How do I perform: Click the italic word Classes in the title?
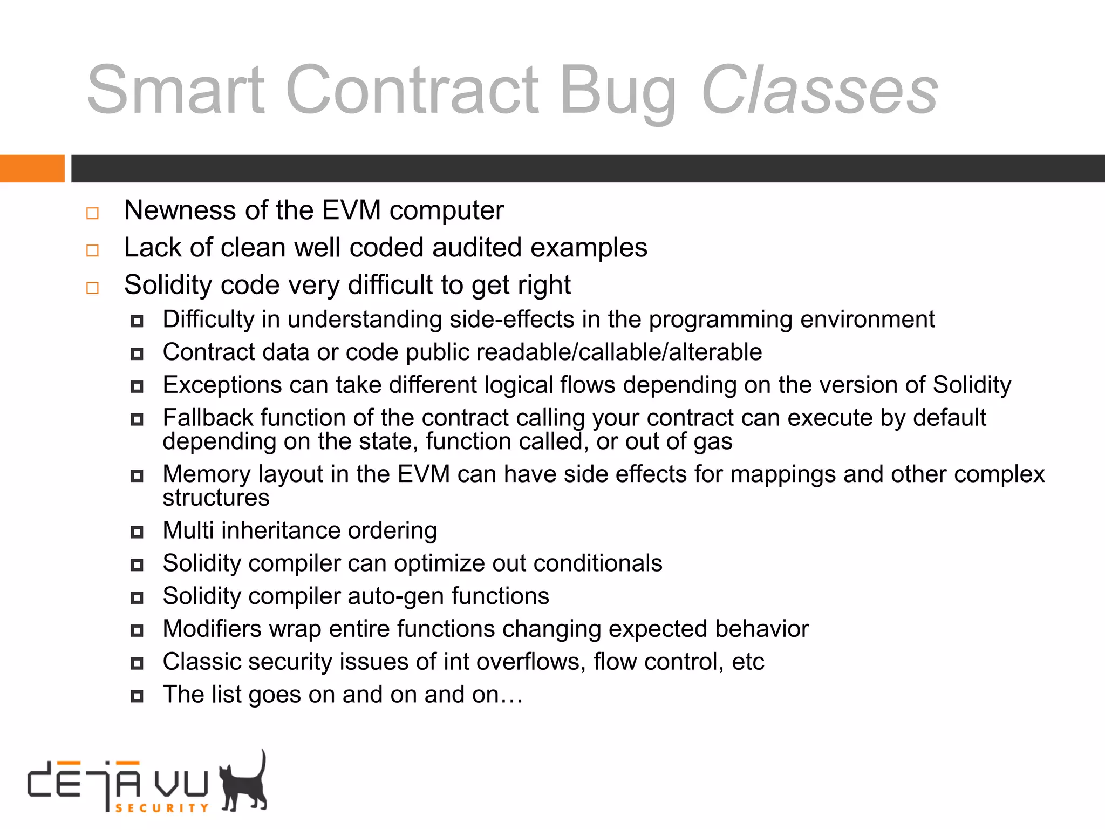pos(819,91)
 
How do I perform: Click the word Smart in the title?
pos(176,91)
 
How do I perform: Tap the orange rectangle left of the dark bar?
pos(32,168)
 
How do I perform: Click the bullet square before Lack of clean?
pos(93,250)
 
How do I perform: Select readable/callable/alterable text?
pos(583,352)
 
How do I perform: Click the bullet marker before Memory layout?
pos(137,476)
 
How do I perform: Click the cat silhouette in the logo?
pos(245,784)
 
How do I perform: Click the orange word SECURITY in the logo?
pos(161,808)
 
